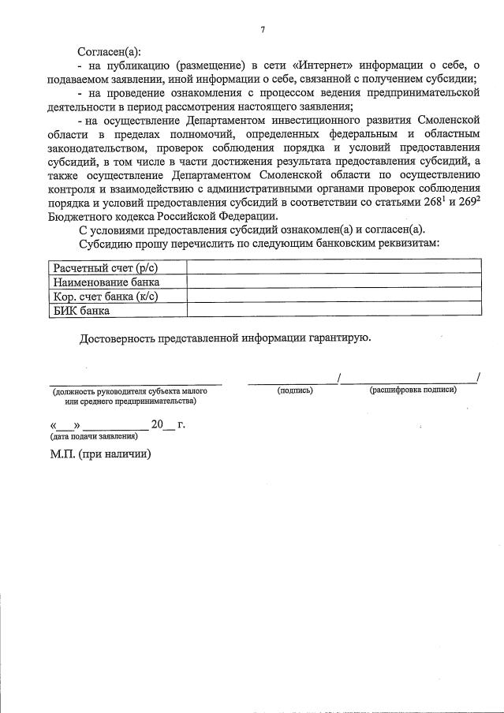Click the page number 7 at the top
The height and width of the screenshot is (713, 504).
coord(263,30)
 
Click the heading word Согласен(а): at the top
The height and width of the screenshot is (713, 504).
coord(109,50)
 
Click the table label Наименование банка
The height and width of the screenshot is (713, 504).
coord(106,282)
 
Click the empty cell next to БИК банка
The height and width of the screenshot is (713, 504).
coord(332,310)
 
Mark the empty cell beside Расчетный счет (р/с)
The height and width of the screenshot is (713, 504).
coord(332,268)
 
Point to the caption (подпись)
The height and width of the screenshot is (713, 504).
coord(295,390)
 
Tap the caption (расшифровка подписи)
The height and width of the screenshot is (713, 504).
coord(413,390)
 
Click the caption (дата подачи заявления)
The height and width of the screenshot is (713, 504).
coord(88,436)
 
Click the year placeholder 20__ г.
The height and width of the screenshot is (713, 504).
coord(167,425)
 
